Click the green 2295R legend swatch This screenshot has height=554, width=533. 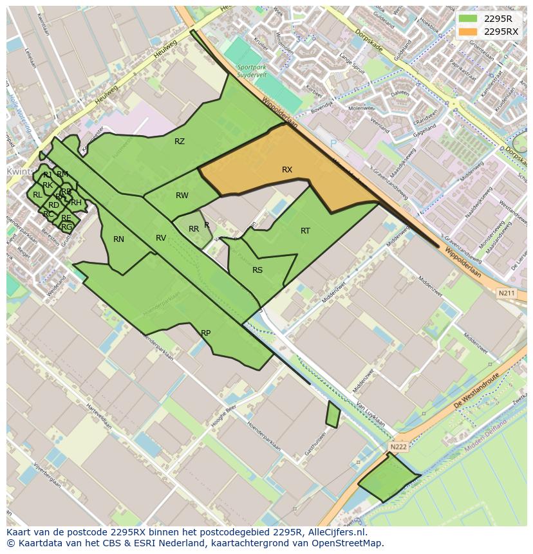[468, 19]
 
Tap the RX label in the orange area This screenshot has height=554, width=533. [287, 170]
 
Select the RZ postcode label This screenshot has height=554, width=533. [180, 142]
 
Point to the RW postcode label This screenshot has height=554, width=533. [182, 196]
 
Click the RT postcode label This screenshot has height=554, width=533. [305, 231]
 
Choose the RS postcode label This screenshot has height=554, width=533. [257, 270]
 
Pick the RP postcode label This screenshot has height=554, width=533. [205, 333]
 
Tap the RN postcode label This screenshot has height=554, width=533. [118, 239]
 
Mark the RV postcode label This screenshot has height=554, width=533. [161, 238]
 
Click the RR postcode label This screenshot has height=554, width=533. [194, 229]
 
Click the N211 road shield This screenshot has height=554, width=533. [507, 294]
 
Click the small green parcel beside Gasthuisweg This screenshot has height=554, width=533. [333, 415]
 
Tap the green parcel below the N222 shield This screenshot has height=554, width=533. [388, 479]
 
